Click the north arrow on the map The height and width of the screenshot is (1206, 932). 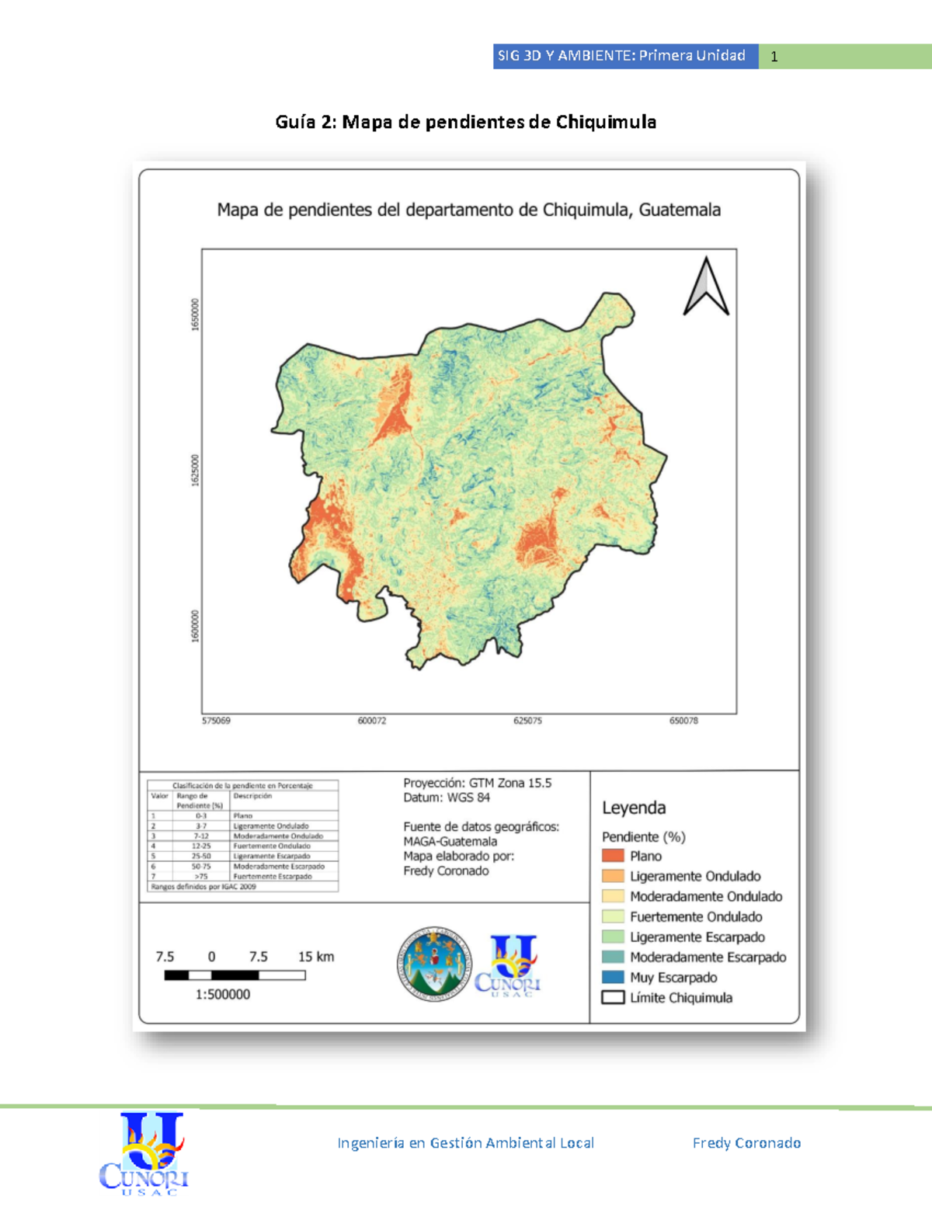coord(706,287)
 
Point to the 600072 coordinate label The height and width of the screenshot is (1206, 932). coord(372,721)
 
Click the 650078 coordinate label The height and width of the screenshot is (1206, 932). coord(683,721)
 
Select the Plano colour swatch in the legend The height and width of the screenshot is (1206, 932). coord(613,856)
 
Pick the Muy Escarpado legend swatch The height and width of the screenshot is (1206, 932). coord(613,977)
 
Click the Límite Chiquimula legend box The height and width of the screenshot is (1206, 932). coord(613,997)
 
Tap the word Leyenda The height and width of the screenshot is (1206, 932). coord(634,808)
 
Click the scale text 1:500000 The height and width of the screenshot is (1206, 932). coord(223,994)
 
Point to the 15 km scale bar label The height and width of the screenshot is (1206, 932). coord(316,957)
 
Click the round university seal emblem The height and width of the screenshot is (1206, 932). coord(433,963)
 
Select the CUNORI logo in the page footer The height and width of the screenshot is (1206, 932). coord(144,1153)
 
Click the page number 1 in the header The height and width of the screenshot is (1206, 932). coord(774,57)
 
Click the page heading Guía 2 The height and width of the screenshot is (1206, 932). coord(465,122)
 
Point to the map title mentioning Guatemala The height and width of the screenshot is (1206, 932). coord(468,210)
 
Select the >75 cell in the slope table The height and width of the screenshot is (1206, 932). coord(201,876)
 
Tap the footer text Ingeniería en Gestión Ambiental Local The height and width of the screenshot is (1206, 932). coord(465,1142)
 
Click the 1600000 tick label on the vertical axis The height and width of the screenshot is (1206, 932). coord(196,626)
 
